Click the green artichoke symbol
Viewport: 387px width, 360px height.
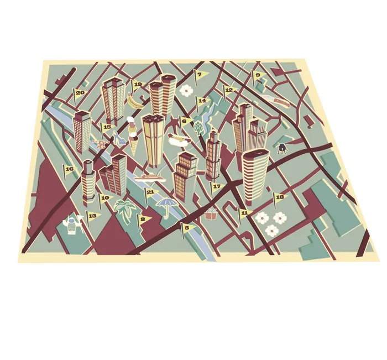click(198, 129)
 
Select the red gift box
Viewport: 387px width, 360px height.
click(211, 214)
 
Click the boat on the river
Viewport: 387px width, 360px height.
click(148, 176)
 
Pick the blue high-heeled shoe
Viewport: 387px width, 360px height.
click(118, 139)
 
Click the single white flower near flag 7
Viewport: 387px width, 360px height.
click(186, 90)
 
